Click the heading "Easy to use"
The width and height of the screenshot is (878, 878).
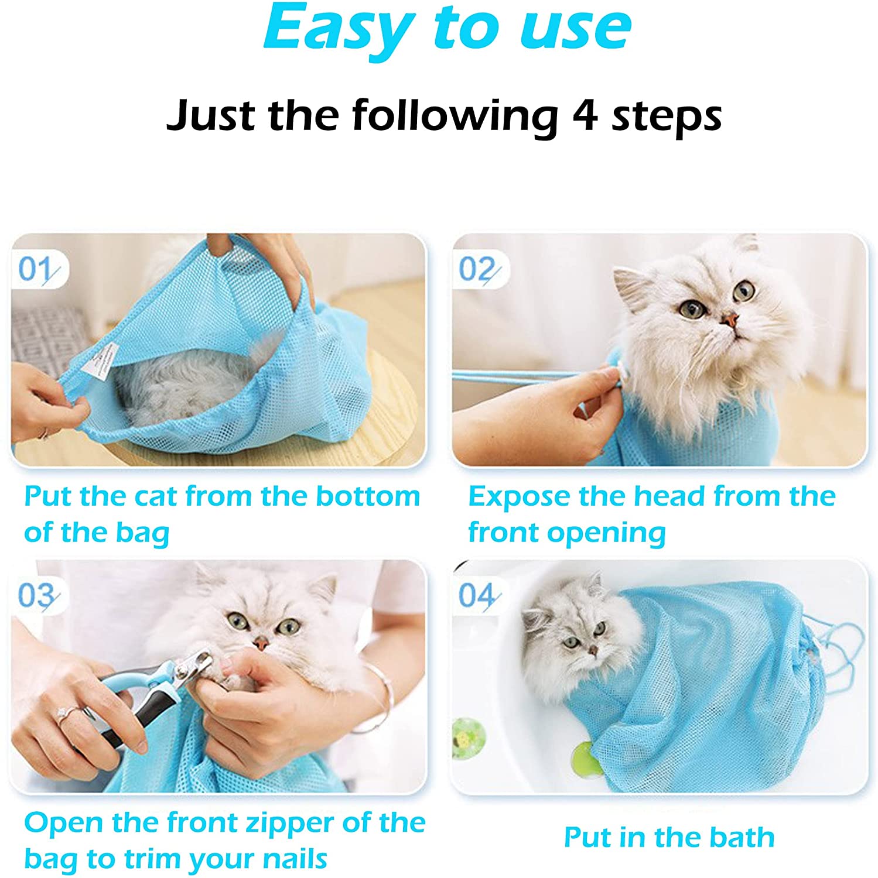447,28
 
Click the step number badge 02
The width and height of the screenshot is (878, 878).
478,270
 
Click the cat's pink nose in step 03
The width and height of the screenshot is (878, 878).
261,643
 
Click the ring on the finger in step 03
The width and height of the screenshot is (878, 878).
64,714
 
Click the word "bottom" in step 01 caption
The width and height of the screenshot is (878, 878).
368,496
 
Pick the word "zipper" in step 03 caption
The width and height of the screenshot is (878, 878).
282,822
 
